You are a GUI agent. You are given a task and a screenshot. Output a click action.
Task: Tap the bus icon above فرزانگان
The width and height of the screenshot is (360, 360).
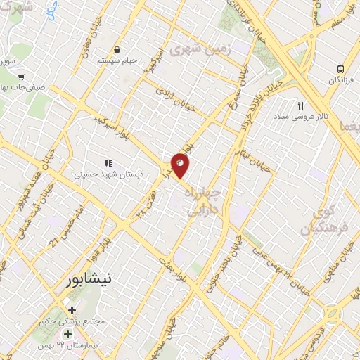coord(340,69)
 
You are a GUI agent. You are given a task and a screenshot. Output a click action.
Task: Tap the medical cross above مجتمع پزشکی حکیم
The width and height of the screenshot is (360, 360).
coord(72,310)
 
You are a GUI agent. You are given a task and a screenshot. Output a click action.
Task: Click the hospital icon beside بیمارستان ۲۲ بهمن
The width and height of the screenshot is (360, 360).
coord(67,333)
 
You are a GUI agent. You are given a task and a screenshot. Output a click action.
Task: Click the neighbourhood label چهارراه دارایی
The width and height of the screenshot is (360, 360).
coord(203,200)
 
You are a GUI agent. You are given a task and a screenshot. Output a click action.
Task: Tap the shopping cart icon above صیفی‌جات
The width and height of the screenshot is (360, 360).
coord(21,77)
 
